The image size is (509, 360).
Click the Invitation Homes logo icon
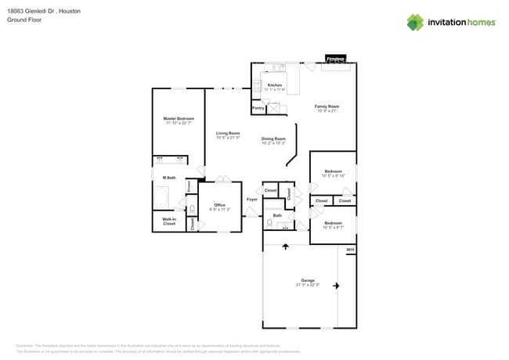[x=415, y=22]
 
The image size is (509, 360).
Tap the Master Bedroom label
[x=179, y=119]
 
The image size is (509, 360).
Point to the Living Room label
[x=228, y=134]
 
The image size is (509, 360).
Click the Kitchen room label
[x=275, y=85]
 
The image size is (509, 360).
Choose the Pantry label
[x=258, y=108]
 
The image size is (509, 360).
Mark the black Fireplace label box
[x=336, y=59]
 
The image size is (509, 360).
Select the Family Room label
[x=327, y=106]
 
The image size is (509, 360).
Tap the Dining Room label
[x=273, y=139]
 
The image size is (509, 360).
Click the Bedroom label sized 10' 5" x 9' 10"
[x=333, y=171]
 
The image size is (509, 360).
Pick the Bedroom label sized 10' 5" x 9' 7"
[x=333, y=223]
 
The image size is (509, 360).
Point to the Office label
[x=219, y=206]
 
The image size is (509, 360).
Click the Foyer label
[x=252, y=200]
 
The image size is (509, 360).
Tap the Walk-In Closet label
[x=168, y=222]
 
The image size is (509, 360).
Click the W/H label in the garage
[x=350, y=250]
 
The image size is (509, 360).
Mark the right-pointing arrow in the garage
[x=337, y=286]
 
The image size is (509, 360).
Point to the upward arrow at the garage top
[x=285, y=247]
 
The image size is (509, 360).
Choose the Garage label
[x=308, y=279]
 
